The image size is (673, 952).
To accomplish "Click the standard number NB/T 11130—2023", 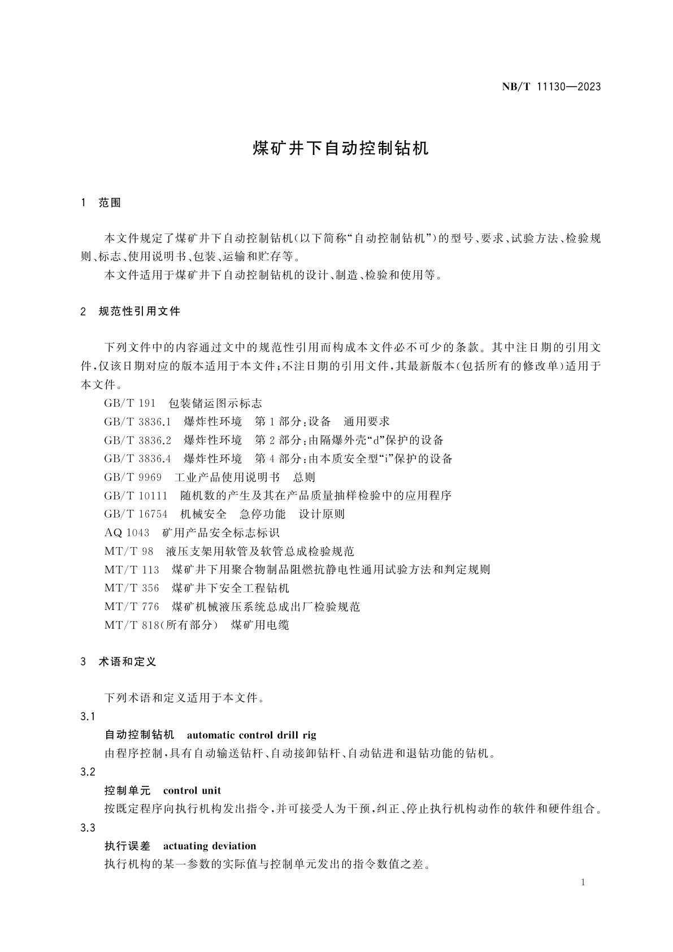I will [x=551, y=86].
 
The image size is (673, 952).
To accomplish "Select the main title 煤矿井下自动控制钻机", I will [x=340, y=148].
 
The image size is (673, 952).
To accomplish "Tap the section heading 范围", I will [x=110, y=203].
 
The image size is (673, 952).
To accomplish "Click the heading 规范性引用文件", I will [x=139, y=311].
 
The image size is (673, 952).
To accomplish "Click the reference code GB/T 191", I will [x=129, y=403].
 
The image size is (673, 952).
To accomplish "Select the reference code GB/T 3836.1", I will [x=137, y=422].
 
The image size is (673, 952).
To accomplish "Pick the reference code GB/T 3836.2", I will [x=137, y=440].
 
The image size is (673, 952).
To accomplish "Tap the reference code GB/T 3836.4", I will [x=137, y=458].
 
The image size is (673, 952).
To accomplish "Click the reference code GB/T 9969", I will [x=133, y=477].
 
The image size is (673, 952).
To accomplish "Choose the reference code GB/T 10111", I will [x=136, y=496].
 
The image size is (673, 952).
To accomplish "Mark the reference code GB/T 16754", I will [x=136, y=514].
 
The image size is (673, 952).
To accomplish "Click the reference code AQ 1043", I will [x=127, y=533].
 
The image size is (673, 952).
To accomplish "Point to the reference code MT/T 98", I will [x=129, y=551].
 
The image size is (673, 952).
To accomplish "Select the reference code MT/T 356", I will [x=132, y=588].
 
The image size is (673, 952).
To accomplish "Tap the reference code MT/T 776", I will [x=132, y=607].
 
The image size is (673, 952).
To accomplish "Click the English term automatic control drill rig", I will [x=251, y=735].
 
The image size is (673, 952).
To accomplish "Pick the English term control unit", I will [x=192, y=790].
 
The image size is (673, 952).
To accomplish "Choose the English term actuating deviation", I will [x=210, y=846].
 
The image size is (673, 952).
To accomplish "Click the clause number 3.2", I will [x=88, y=772].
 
